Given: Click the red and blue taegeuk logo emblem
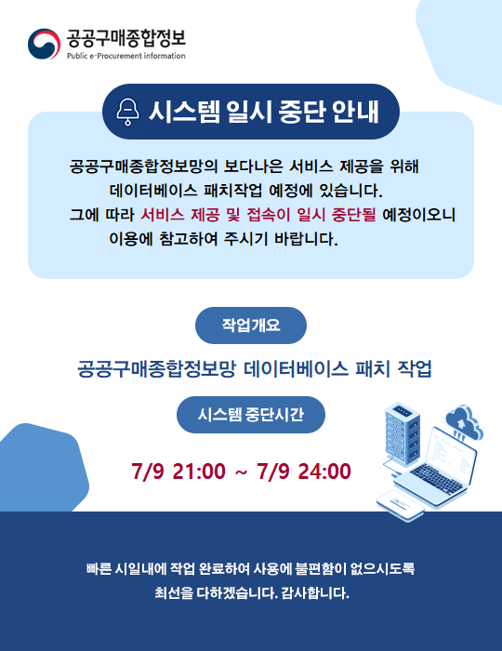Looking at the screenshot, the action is tap(44, 44).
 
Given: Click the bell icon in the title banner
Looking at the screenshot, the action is tap(127, 112).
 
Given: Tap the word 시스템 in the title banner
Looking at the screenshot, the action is tap(185, 112).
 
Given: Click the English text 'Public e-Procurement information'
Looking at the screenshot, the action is tap(126, 56).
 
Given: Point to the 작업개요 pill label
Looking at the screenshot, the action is tap(251, 325).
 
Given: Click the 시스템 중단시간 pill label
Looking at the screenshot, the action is tap(251, 415).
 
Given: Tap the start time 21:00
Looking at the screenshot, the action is tap(199, 472).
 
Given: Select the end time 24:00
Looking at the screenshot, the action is tap(324, 472).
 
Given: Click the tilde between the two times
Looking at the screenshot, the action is tap(241, 472).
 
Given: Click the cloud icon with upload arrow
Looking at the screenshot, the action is tap(464, 422).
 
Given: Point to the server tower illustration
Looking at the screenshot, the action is tap(402, 433).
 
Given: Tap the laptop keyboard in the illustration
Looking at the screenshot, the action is tap(436, 479).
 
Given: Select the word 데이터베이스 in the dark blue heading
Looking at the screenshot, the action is tap(296, 368).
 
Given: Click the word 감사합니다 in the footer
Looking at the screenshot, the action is tap(315, 592).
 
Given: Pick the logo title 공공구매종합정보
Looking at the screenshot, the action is tap(126, 39).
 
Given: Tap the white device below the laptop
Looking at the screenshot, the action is tap(401, 504).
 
